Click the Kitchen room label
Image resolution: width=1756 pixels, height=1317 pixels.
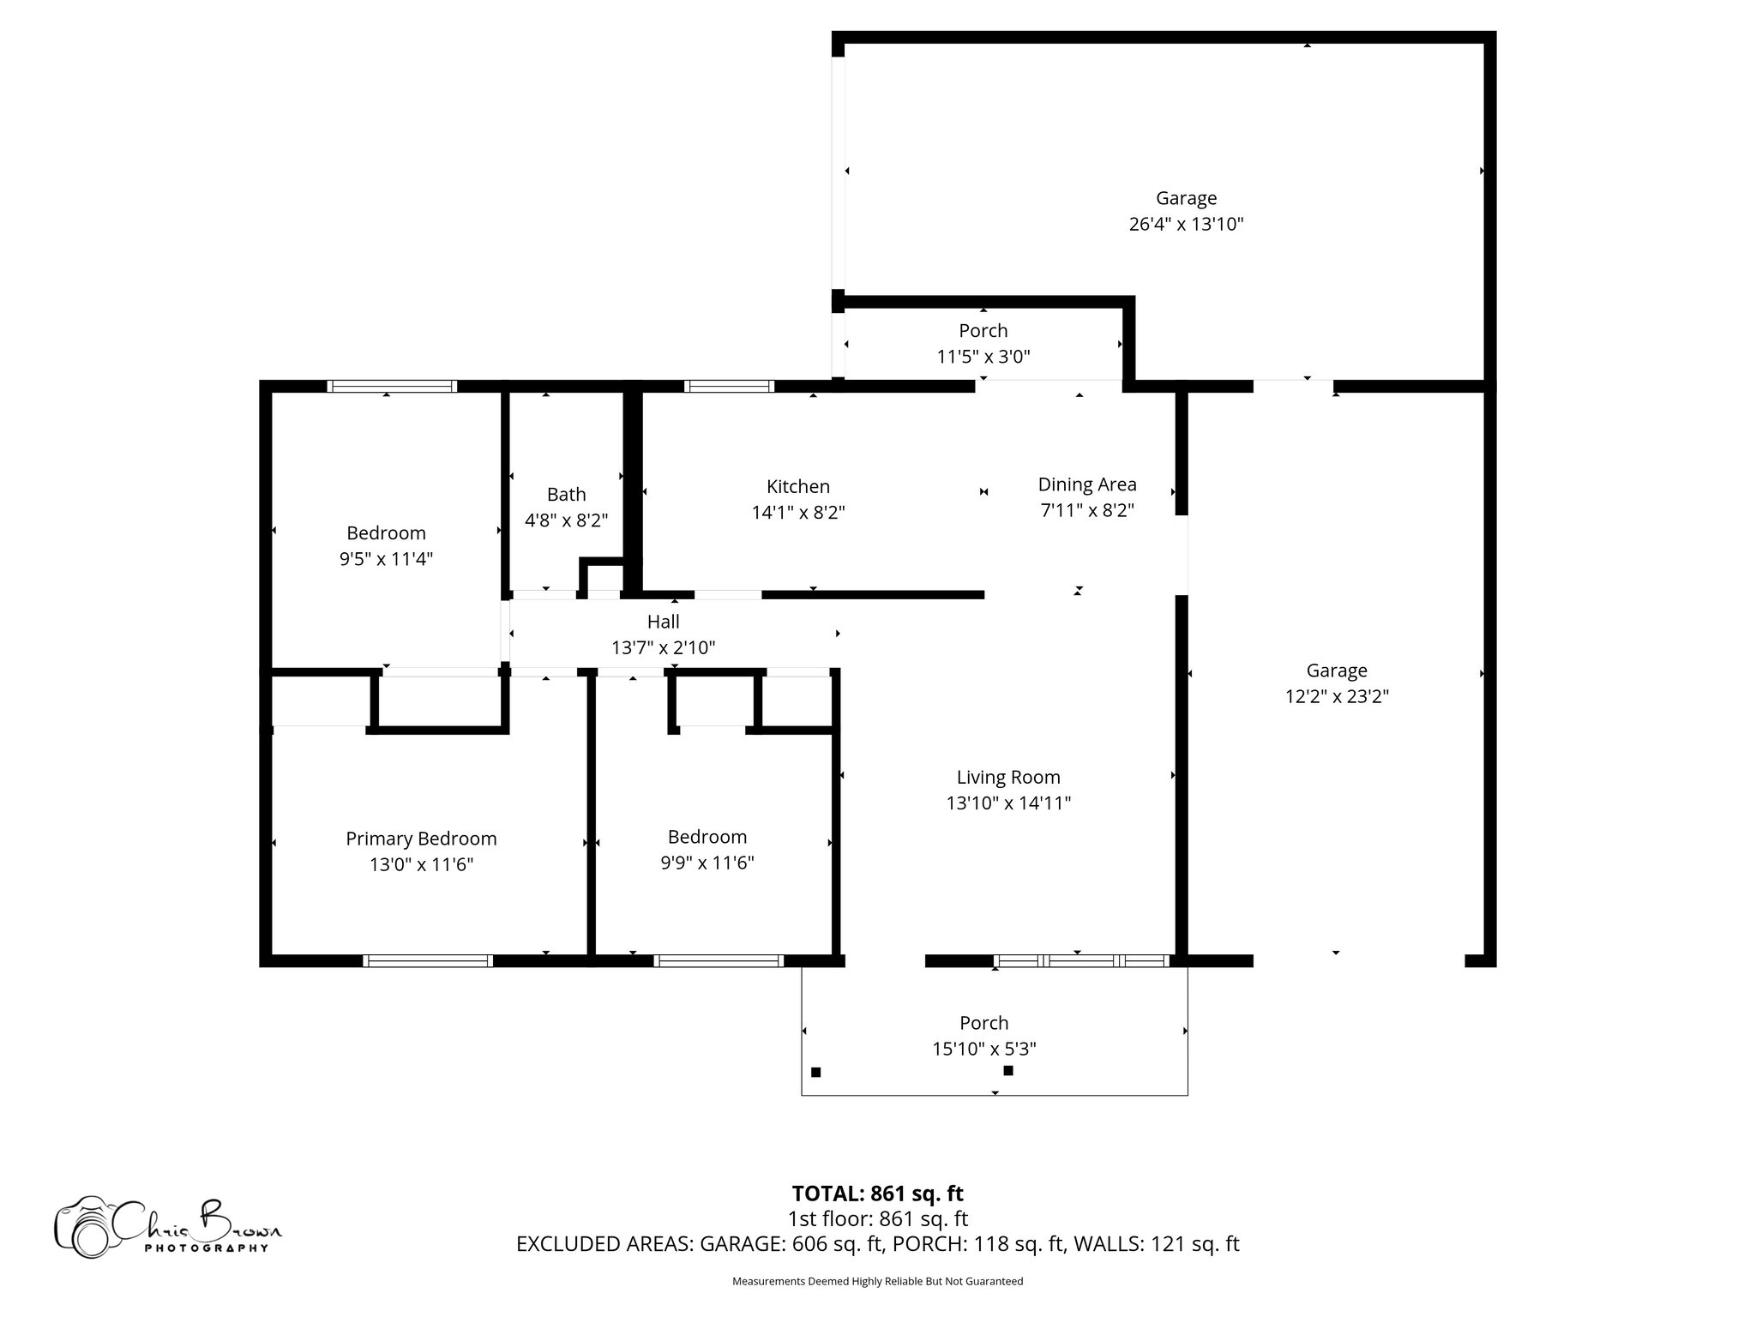coord(797,486)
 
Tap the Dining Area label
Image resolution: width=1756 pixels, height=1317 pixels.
coord(1086,484)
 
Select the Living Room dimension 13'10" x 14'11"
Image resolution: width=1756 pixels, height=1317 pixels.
coord(1008,803)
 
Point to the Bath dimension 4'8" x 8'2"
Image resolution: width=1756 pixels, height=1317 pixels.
coord(566,520)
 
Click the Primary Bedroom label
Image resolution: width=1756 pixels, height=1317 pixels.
coord(421,839)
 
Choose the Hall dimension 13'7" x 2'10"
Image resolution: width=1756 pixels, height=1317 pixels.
coord(663,648)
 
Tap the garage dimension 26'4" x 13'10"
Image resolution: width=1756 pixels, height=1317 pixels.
coord(1186,225)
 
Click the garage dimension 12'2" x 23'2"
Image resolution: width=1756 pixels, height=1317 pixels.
coord(1336,697)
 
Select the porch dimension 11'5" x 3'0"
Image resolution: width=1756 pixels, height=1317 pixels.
coord(983,357)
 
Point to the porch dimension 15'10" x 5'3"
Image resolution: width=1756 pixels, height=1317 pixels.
coord(983,1049)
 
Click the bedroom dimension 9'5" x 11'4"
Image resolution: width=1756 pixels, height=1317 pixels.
coord(386,559)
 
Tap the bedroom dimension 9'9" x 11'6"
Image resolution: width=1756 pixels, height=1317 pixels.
coord(707,863)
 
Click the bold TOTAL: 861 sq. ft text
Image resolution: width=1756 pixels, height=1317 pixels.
coord(877,1194)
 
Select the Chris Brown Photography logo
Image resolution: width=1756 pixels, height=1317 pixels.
coord(167,1227)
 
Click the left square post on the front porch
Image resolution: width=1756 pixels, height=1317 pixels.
coord(816,1072)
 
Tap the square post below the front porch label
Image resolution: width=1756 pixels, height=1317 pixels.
coord(1008,1070)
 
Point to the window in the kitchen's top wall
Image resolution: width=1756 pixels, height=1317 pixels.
coord(730,387)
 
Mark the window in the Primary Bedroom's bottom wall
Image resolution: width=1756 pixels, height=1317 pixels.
coord(428,961)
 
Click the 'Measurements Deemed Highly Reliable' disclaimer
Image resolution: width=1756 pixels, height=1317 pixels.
coord(877,1281)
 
